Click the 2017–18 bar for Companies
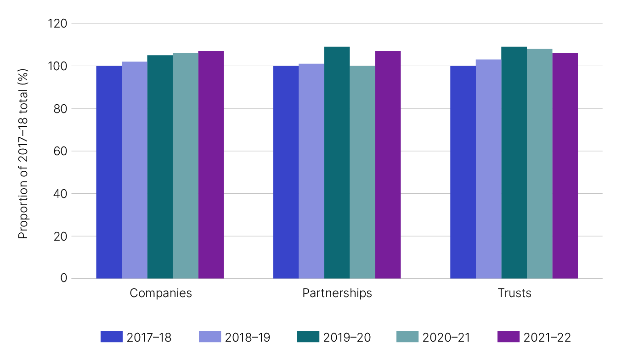109,172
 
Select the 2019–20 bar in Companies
160,167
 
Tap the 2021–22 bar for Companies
211,165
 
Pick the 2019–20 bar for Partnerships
337,163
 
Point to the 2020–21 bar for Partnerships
362,172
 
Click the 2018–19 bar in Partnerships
311,171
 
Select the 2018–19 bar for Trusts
488,169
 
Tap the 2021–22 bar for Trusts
565,166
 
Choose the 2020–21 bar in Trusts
539,164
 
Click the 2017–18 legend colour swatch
112,337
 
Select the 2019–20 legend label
347,337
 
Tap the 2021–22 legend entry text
547,337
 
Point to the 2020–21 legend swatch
407,337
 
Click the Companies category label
161,293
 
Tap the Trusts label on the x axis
514,293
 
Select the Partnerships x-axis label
337,293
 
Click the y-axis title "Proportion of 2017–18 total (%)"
23,154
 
